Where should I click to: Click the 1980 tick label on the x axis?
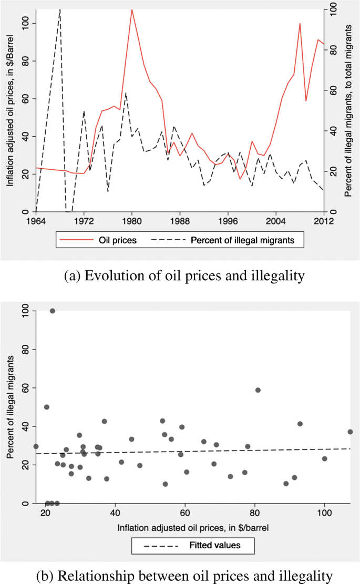(132, 221)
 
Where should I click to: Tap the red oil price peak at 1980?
(132, 9)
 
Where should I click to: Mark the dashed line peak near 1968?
(60, 9)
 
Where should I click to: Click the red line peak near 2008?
(300, 24)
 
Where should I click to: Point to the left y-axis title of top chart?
(11, 110)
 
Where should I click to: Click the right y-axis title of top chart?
(348, 110)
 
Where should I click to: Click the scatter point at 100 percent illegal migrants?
(53, 311)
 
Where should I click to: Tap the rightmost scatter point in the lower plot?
(350, 432)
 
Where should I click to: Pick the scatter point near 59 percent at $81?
(258, 390)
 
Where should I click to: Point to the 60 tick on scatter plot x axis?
(184, 513)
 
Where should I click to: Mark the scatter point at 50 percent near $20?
(46, 407)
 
